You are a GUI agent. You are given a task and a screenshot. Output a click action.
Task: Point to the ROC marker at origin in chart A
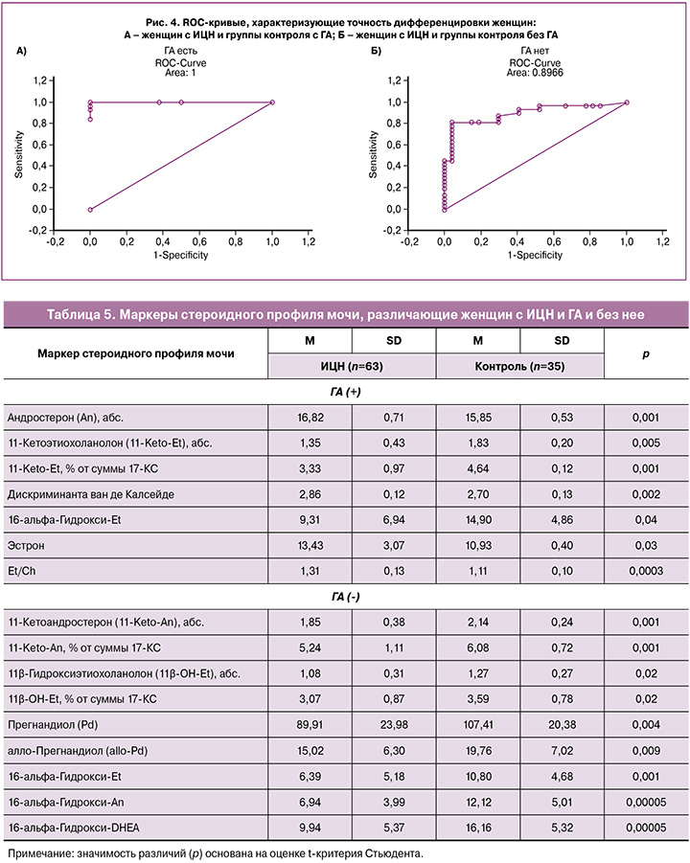click(x=90, y=209)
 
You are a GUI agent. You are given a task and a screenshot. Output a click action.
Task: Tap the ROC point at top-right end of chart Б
click(x=627, y=102)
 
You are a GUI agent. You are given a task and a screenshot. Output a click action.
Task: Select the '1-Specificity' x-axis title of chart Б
click(x=535, y=255)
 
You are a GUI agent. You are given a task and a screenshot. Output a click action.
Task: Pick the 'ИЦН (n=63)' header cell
click(x=354, y=368)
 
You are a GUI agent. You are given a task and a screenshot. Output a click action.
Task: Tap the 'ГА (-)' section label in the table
click(x=344, y=597)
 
